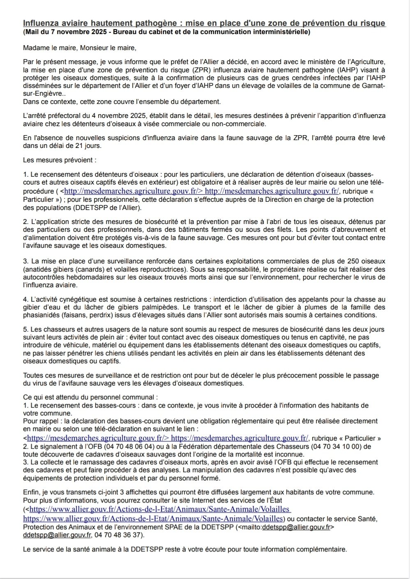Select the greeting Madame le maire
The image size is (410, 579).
click(x=46, y=47)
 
